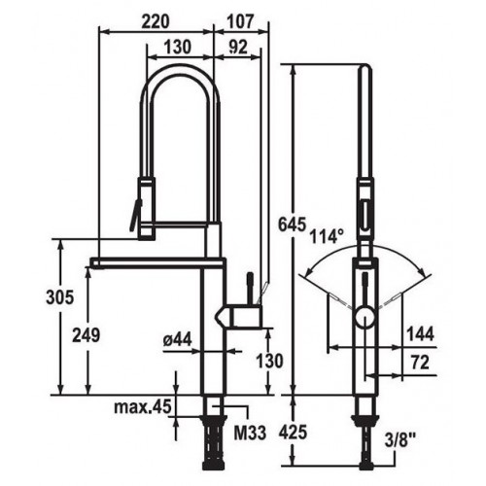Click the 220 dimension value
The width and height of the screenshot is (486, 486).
pos(156,21)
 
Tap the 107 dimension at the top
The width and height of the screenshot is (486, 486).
pos(239,21)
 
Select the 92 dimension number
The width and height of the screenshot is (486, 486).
pos(238,48)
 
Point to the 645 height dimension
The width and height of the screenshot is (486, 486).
pos(293,225)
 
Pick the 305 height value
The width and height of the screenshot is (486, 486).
pos(60,297)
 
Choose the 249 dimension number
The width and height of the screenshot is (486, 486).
pos(86,335)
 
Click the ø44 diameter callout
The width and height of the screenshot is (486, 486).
pos(178,340)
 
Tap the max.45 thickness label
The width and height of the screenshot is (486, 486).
pos(142,407)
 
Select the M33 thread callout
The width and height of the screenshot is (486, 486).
pos(250,433)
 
